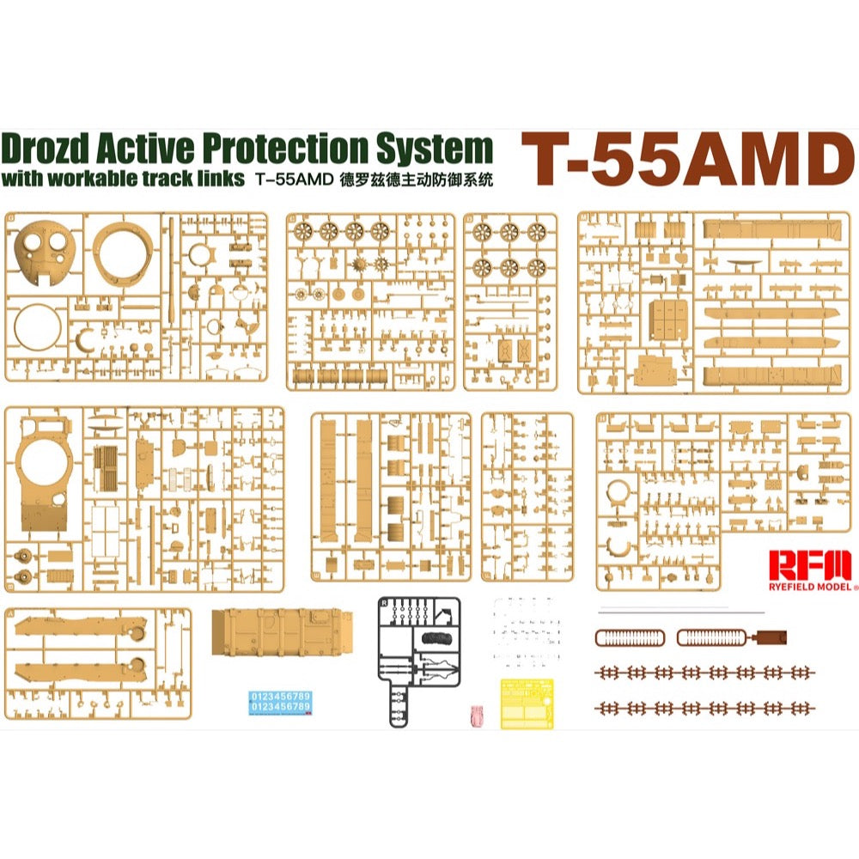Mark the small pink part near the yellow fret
click(x=478, y=711)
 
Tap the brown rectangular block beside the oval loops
click(x=770, y=637)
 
